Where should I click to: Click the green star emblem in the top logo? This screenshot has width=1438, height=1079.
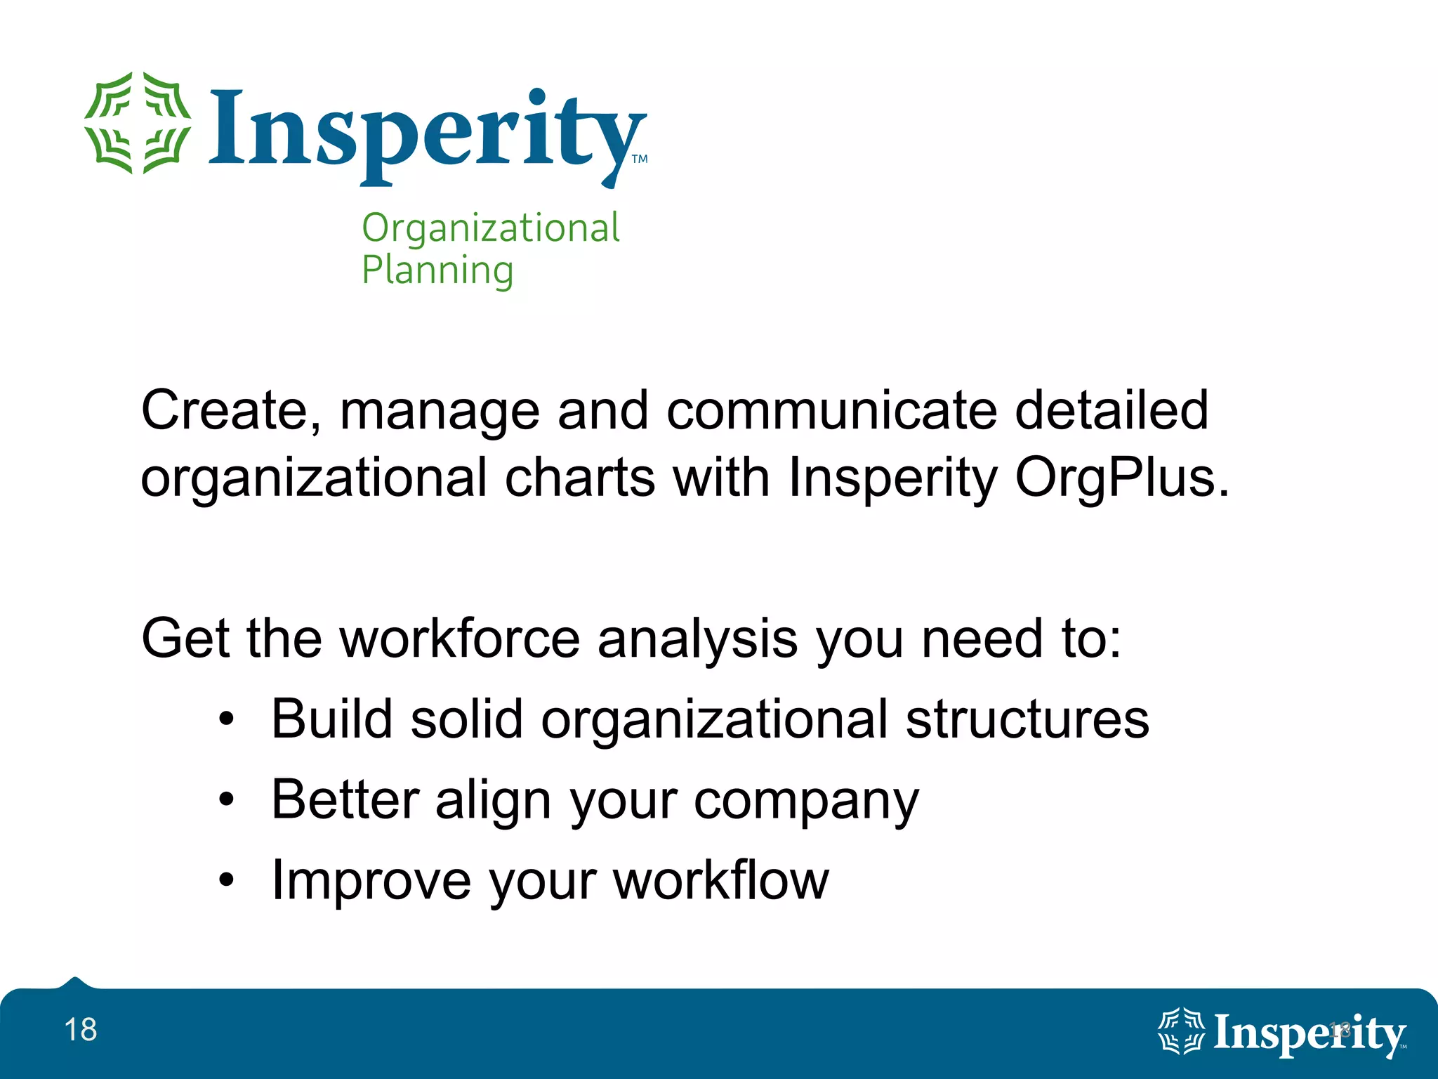click(x=138, y=123)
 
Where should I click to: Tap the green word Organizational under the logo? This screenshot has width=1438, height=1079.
click(x=490, y=228)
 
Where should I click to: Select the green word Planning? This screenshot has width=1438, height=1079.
click(x=437, y=270)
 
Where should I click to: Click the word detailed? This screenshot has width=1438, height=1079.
click(x=1112, y=410)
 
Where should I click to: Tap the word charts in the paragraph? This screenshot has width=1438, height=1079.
click(x=580, y=478)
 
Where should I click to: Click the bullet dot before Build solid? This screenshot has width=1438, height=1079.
click(x=225, y=719)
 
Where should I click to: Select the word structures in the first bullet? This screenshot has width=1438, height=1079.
click(x=1027, y=719)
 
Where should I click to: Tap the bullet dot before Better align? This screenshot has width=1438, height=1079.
click(x=225, y=799)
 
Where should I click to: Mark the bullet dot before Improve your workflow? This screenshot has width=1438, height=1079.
click(x=225, y=879)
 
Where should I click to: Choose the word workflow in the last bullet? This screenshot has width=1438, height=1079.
click(x=721, y=879)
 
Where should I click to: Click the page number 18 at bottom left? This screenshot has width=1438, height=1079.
click(x=81, y=1030)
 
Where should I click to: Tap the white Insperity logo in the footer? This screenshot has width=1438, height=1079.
click(x=1281, y=1033)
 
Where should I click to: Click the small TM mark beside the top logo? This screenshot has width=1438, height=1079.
click(x=640, y=159)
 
